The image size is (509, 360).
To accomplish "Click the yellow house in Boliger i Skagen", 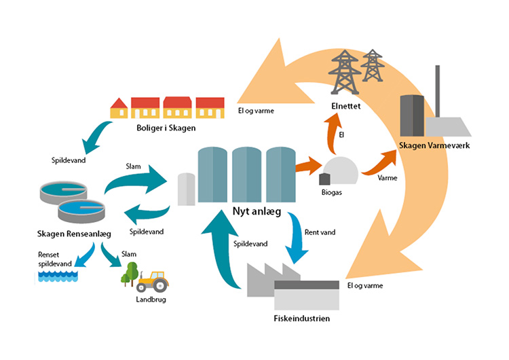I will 119,108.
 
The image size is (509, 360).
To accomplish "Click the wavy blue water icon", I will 55,276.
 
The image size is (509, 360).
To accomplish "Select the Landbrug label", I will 150,299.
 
